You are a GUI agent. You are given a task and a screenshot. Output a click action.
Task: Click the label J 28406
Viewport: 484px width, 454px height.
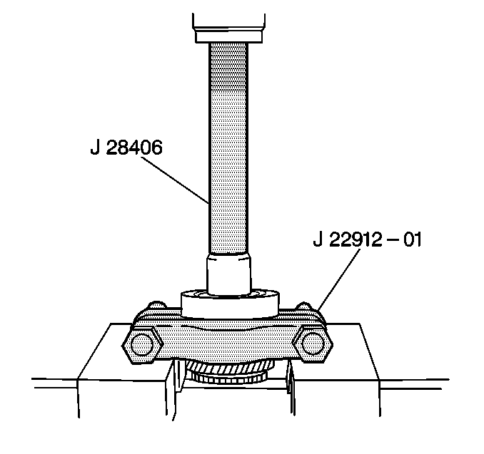[x=127, y=149]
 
